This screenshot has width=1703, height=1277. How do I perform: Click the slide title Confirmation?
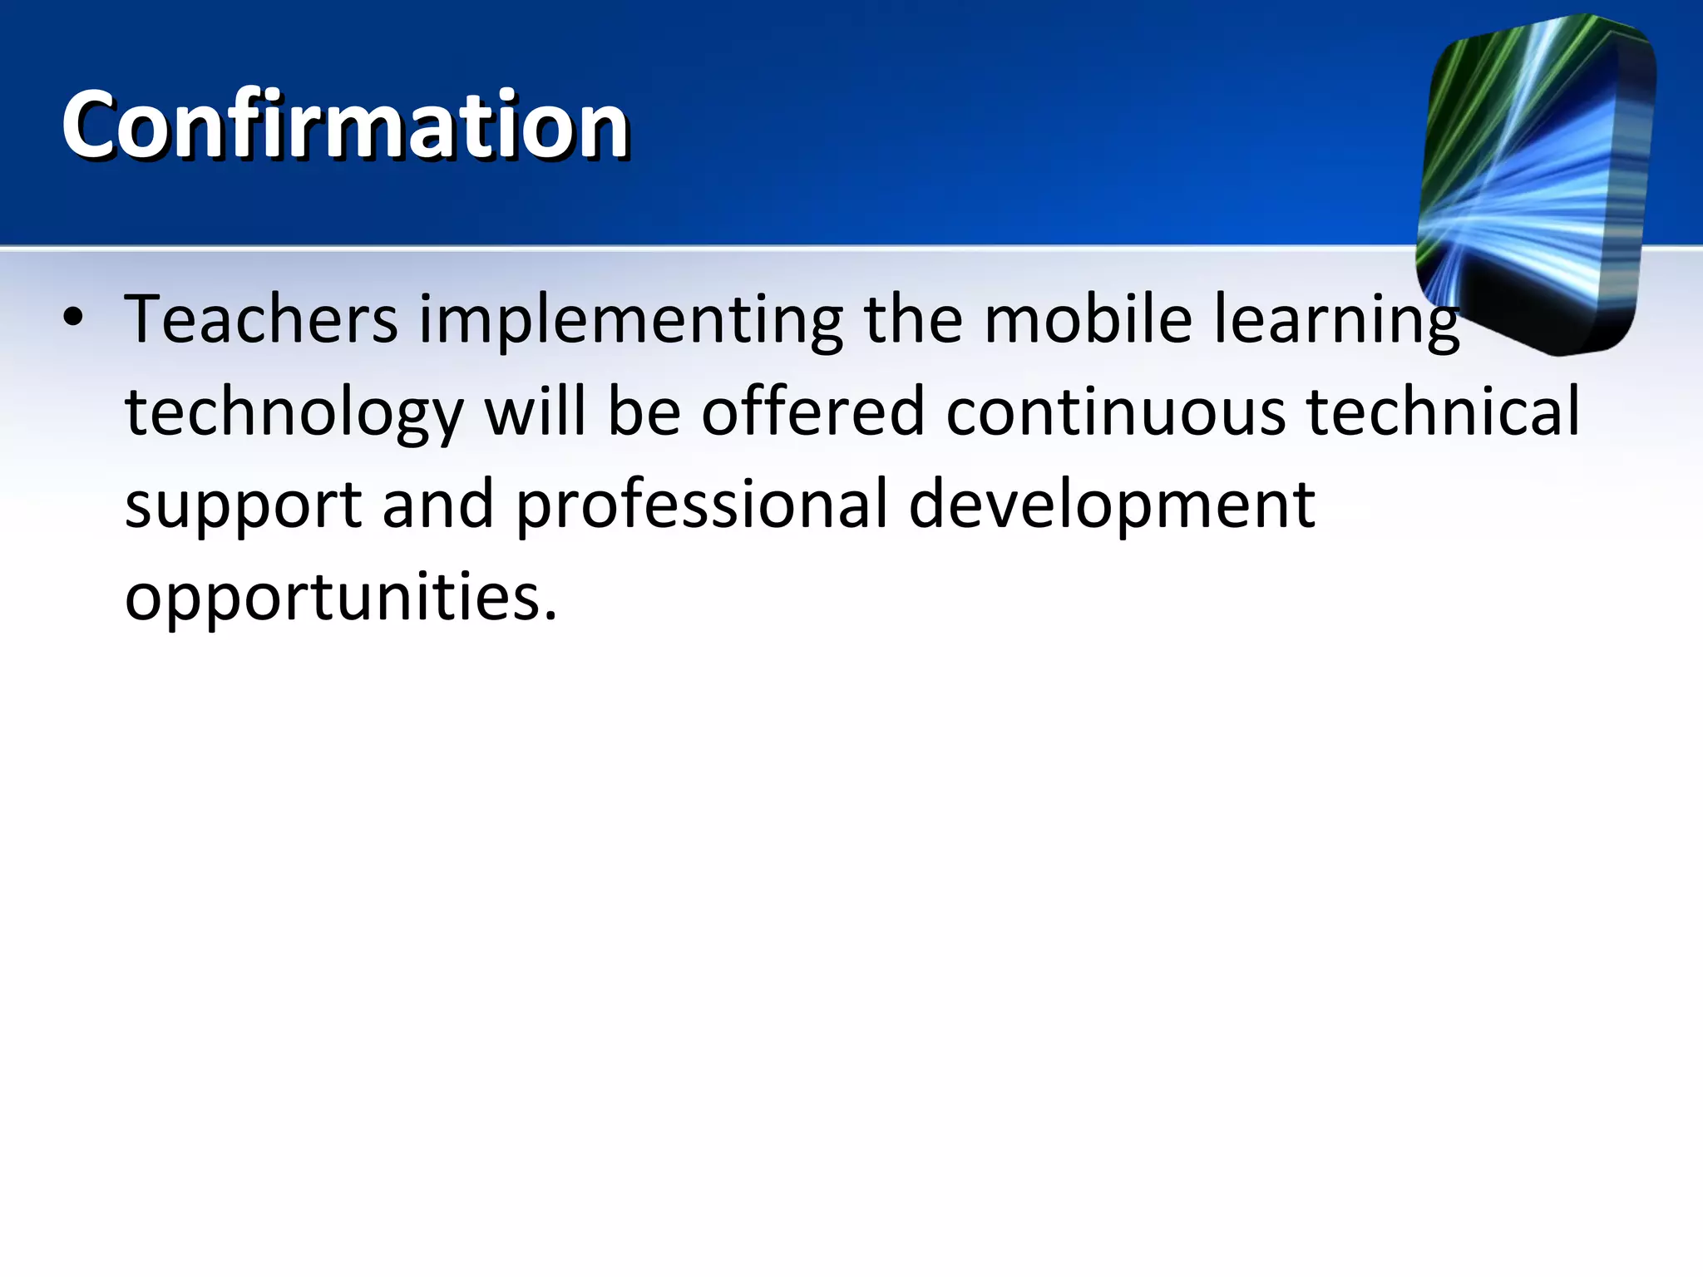coord(345,125)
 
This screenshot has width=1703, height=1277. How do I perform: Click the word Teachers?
coord(261,320)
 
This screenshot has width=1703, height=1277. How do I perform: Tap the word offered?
coord(812,412)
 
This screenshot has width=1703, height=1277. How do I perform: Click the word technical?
coord(1443,412)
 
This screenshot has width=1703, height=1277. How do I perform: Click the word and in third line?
coord(438,505)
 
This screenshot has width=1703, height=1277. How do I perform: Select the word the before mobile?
coord(913,319)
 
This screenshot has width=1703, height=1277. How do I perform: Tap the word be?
coord(644,412)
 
